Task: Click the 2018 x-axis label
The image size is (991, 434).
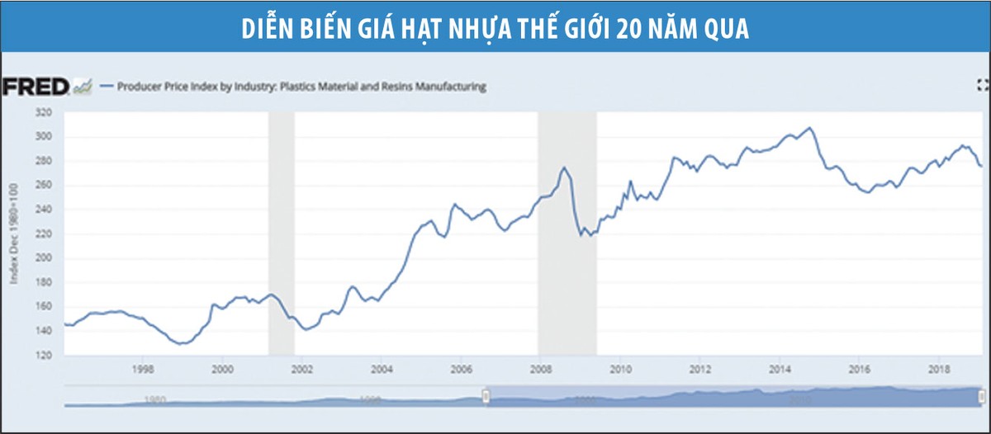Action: [939, 369]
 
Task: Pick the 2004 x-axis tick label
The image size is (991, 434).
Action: [382, 369]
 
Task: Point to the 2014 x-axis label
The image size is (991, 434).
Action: [780, 369]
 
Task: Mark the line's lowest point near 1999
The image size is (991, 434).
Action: [181, 343]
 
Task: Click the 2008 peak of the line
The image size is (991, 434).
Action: [565, 167]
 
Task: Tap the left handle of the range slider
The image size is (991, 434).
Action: [486, 398]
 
